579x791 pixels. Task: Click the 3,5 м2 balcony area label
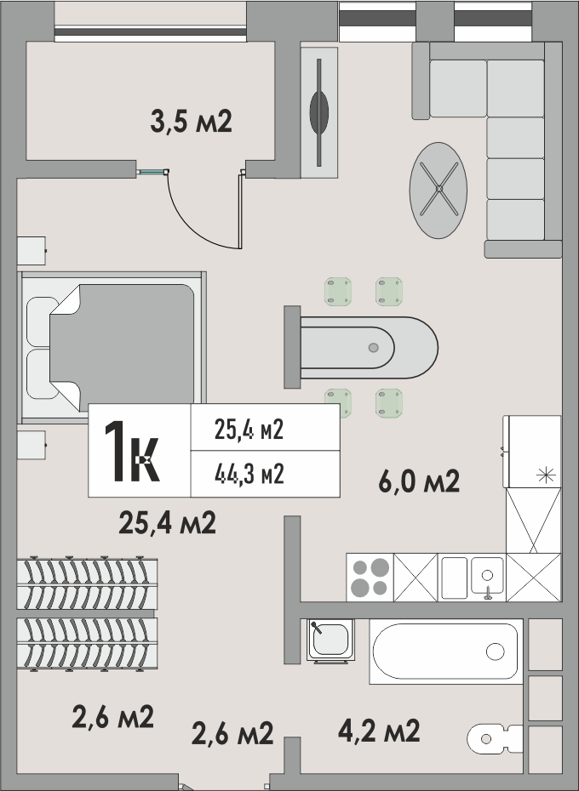(x=191, y=122)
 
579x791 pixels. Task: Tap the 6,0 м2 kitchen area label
(x=419, y=481)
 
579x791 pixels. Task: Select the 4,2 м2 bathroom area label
(x=379, y=731)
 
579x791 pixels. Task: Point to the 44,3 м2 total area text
(x=249, y=475)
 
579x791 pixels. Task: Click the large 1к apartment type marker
(x=132, y=451)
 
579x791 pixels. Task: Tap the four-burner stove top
(x=370, y=578)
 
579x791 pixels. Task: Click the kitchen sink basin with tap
(x=487, y=578)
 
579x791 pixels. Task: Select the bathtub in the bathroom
(x=445, y=652)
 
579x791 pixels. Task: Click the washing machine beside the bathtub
(x=330, y=640)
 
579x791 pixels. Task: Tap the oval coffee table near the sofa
(x=438, y=191)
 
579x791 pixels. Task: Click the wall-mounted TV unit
(x=319, y=112)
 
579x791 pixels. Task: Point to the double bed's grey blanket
(x=122, y=348)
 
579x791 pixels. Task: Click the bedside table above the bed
(x=32, y=251)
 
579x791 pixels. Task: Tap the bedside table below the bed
(x=32, y=445)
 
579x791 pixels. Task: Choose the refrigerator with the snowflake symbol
(x=532, y=452)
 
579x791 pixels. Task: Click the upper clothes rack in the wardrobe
(x=87, y=583)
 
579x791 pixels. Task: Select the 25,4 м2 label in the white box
(x=249, y=430)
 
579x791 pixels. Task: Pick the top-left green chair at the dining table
(x=338, y=292)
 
